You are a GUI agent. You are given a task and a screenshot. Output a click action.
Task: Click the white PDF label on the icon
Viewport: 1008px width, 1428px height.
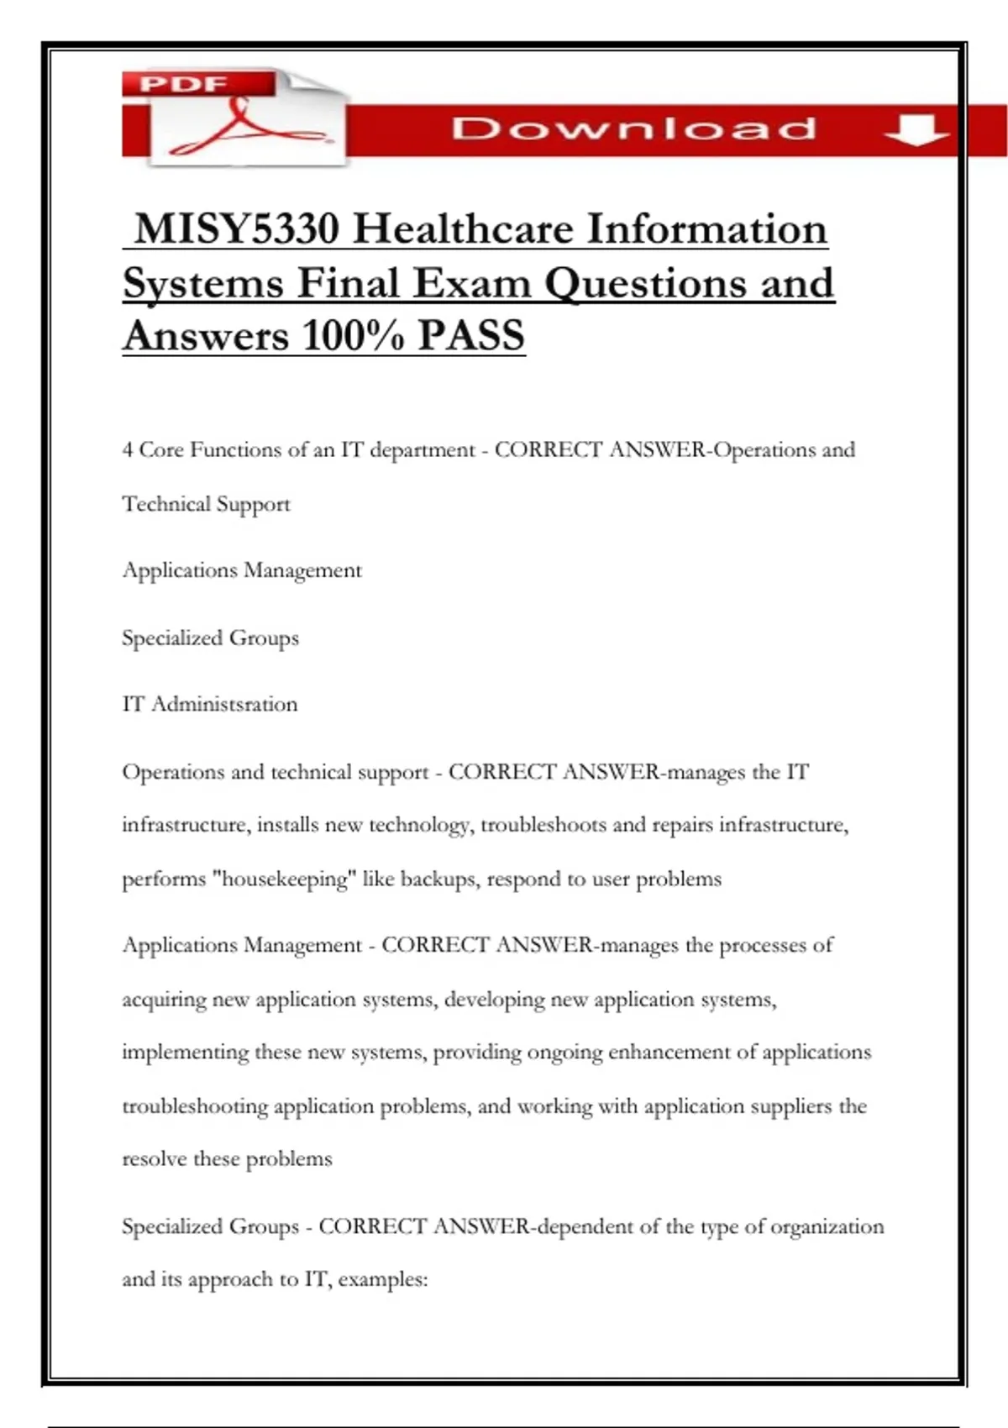pyautogui.click(x=184, y=84)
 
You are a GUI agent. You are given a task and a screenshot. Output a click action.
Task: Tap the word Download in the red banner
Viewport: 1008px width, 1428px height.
pyautogui.click(x=634, y=129)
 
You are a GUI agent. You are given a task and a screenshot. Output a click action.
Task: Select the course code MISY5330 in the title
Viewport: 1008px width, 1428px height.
pyautogui.click(x=236, y=229)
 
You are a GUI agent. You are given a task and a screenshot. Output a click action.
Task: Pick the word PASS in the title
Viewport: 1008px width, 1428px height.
pyautogui.click(x=471, y=335)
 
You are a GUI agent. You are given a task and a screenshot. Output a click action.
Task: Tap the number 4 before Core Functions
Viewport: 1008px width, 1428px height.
pyautogui.click(x=128, y=450)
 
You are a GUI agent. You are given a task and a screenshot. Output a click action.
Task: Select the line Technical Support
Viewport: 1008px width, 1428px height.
pyautogui.click(x=207, y=504)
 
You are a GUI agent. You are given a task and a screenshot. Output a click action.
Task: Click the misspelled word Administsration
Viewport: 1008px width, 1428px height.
pyautogui.click(x=224, y=704)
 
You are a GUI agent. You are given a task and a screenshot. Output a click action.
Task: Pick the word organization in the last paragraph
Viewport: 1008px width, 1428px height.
pyautogui.click(x=827, y=1227)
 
